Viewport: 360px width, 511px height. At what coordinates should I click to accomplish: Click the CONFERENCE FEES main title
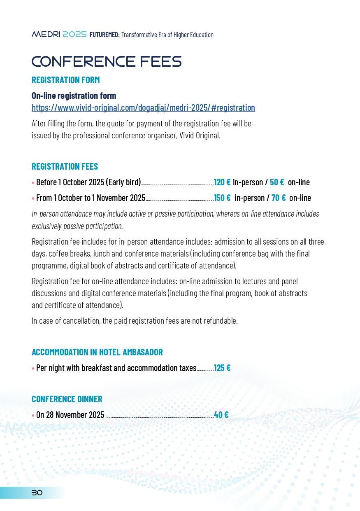click(107, 62)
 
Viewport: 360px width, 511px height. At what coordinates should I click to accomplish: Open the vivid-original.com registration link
click(143, 108)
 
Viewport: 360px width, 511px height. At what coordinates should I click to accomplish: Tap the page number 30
click(37, 493)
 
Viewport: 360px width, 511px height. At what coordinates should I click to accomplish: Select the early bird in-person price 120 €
click(222, 182)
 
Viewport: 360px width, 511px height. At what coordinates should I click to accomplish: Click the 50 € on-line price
click(277, 182)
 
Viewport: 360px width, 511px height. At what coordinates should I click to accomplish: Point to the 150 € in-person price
click(222, 198)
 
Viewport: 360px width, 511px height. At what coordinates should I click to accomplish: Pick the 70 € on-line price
click(279, 198)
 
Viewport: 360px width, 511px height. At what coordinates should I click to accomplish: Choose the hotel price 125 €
click(222, 368)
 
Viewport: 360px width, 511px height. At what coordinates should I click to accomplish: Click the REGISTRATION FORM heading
click(66, 80)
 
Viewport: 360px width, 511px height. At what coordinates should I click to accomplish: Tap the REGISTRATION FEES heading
click(65, 167)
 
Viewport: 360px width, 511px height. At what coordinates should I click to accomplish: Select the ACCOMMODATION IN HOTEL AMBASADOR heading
click(97, 352)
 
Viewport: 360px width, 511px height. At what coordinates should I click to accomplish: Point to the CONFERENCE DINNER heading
click(67, 399)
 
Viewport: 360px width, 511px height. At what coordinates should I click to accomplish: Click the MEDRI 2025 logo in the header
click(59, 35)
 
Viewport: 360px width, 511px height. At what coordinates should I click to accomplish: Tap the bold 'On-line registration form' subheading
click(74, 96)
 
